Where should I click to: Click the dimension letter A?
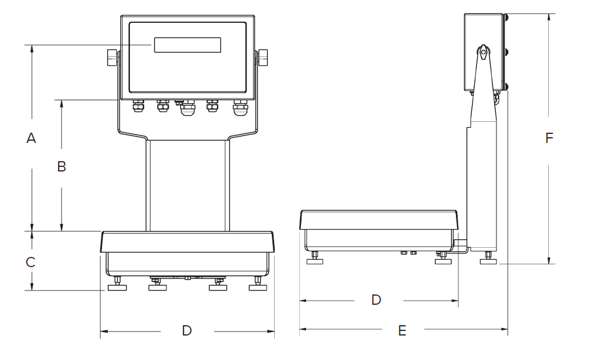(31, 138)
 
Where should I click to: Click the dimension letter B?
(62, 166)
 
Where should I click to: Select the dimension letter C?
(31, 262)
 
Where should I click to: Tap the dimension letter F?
(549, 138)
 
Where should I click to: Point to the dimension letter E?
(402, 330)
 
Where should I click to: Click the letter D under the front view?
(187, 330)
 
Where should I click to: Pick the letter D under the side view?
(376, 300)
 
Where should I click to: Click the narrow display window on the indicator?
(188, 45)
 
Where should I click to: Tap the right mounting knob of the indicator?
(263, 58)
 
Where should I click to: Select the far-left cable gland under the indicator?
(137, 107)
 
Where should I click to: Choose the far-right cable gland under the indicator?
(240, 108)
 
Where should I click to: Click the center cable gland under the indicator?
(186, 108)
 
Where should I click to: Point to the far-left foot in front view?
(117, 286)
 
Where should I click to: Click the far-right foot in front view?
(258, 286)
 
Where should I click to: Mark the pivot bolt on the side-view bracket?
(483, 53)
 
